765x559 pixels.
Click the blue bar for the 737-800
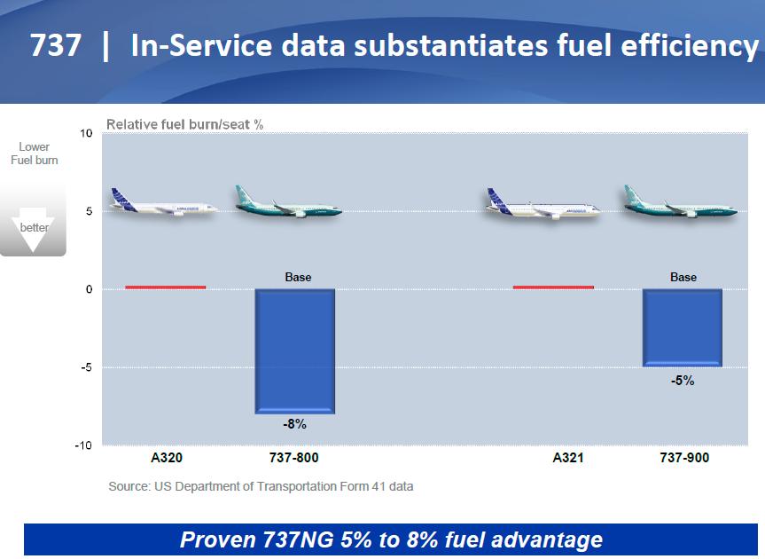point(295,351)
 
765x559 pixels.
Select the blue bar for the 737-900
point(682,327)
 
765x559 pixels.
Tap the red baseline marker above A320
point(166,287)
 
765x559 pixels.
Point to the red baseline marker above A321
point(553,287)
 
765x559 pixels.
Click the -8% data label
point(294,424)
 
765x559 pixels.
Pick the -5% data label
point(683,381)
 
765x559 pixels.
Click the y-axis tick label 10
point(86,133)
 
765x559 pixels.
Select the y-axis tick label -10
point(83,445)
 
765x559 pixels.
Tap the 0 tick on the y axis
point(89,289)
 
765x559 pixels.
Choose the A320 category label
point(167,458)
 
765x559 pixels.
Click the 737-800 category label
point(293,458)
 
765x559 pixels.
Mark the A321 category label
point(568,458)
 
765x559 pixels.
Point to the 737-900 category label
point(684,458)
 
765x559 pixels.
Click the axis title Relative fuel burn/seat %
point(185,124)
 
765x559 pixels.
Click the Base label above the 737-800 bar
point(298,277)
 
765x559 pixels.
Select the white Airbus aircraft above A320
point(164,202)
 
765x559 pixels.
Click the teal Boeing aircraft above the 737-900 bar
point(681,201)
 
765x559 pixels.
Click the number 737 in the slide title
point(56,45)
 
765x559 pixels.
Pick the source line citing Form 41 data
point(261,486)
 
